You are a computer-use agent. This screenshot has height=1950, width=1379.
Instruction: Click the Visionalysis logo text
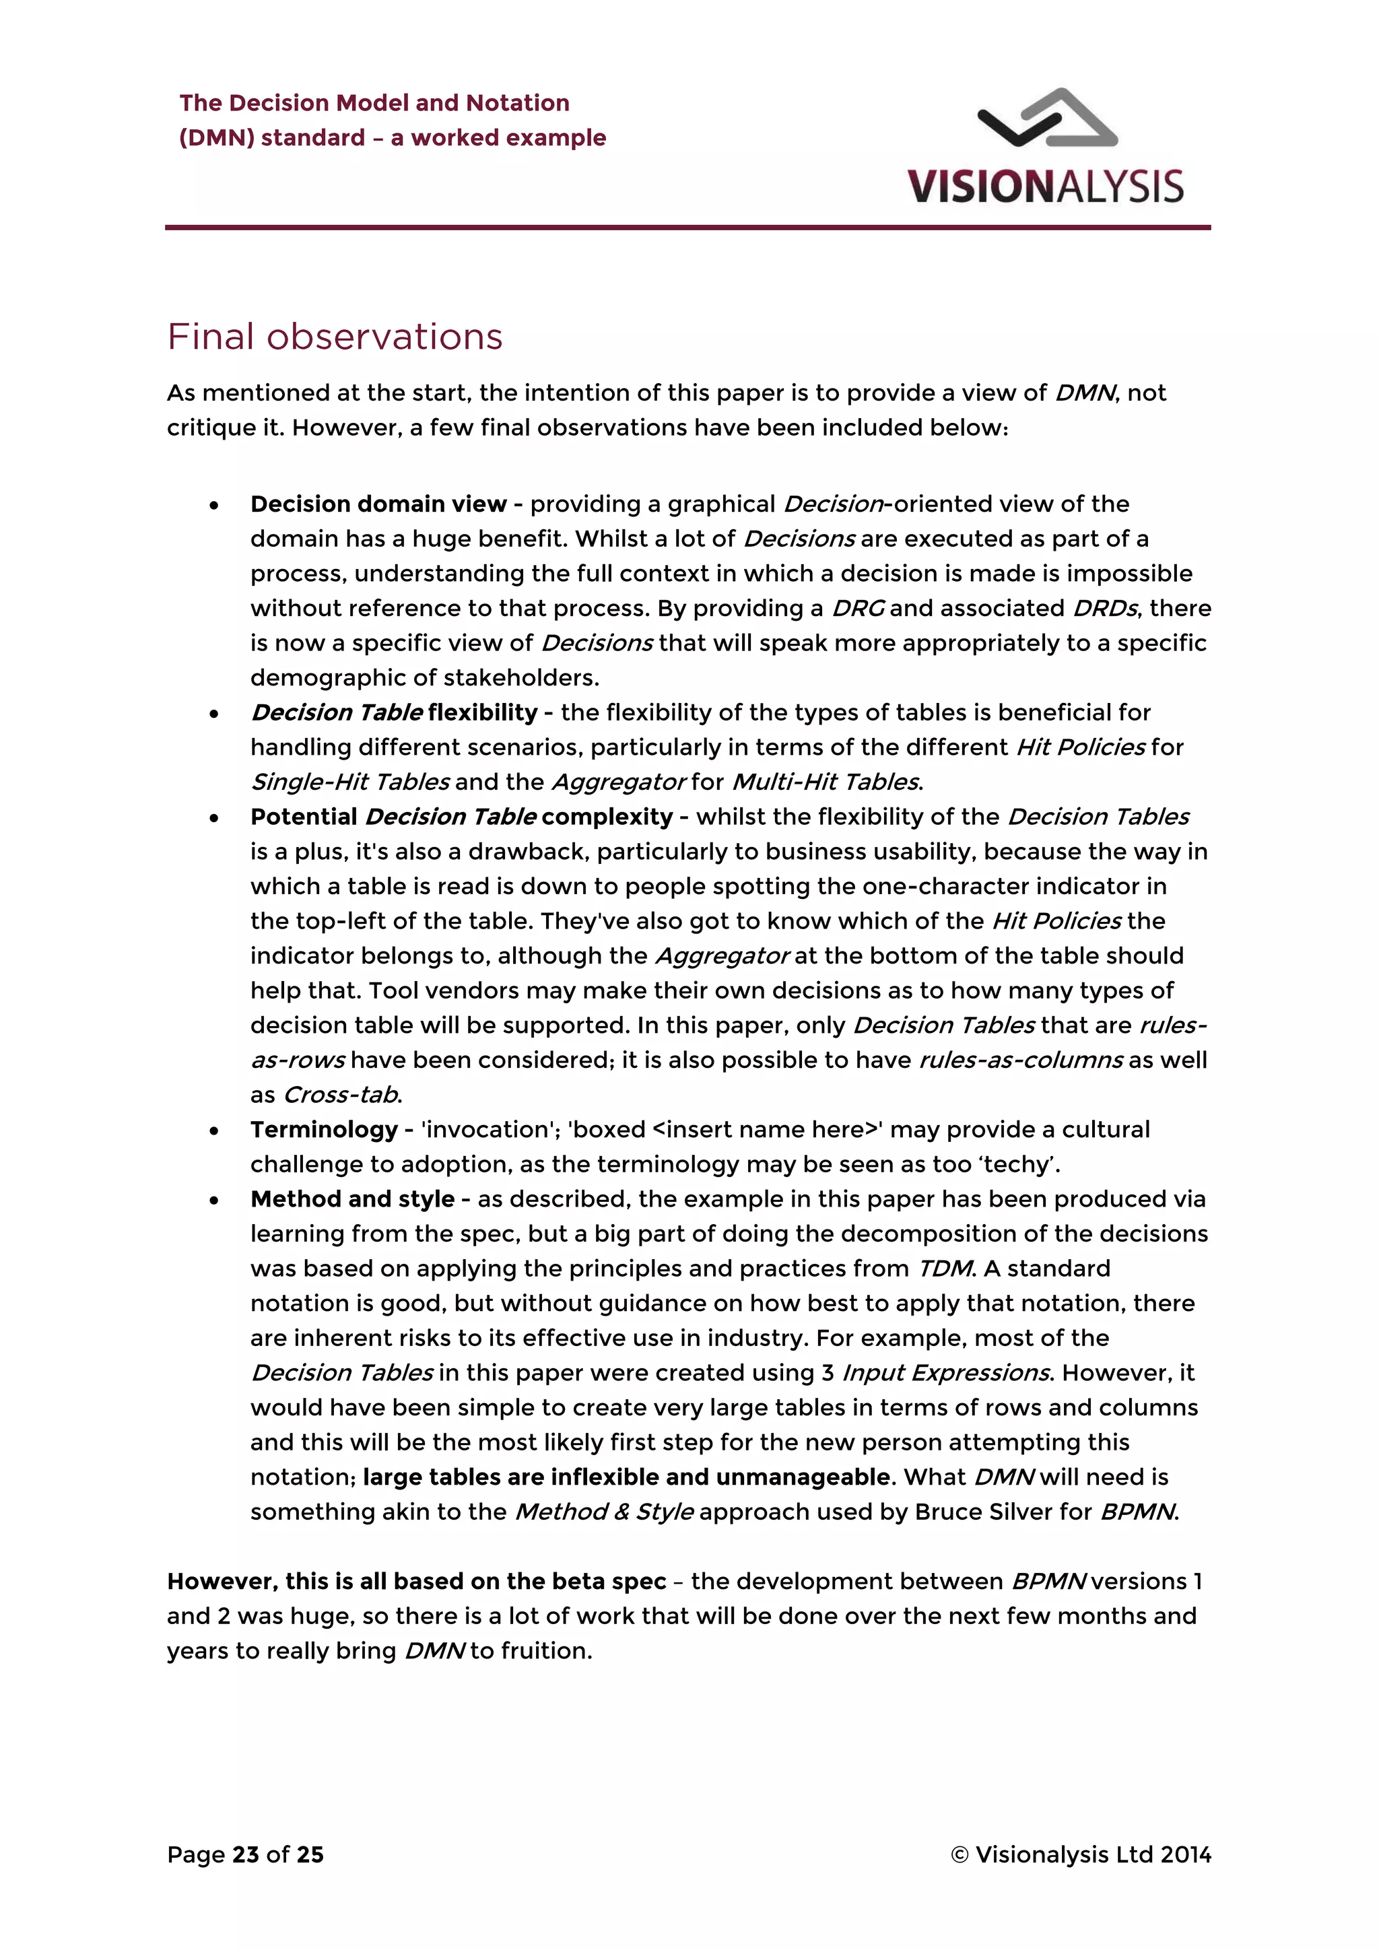pyautogui.click(x=1044, y=187)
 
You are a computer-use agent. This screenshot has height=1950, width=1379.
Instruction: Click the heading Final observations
pyautogui.click(x=335, y=337)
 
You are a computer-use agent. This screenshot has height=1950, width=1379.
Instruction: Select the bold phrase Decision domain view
pyautogui.click(x=378, y=504)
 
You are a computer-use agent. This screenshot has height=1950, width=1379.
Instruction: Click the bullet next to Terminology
pyautogui.click(x=214, y=1131)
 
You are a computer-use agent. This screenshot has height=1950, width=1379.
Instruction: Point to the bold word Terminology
pyautogui.click(x=323, y=1131)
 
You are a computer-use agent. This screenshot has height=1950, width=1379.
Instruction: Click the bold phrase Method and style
pyautogui.click(x=352, y=1199)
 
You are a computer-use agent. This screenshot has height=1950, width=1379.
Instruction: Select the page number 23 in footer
pyautogui.click(x=245, y=1855)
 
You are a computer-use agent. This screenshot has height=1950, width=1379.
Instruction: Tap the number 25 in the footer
pyautogui.click(x=310, y=1855)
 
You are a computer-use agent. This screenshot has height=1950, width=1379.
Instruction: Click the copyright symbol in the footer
pyautogui.click(x=960, y=1855)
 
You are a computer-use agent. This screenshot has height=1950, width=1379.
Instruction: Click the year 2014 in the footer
pyautogui.click(x=1185, y=1855)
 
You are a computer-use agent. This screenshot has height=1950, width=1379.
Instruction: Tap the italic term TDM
pyautogui.click(x=945, y=1269)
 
